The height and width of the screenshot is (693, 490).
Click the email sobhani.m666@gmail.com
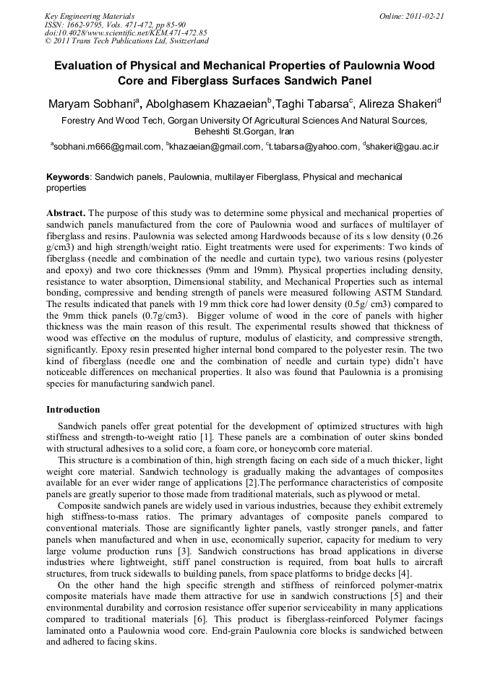[108, 147]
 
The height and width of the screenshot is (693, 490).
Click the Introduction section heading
[73, 410]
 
